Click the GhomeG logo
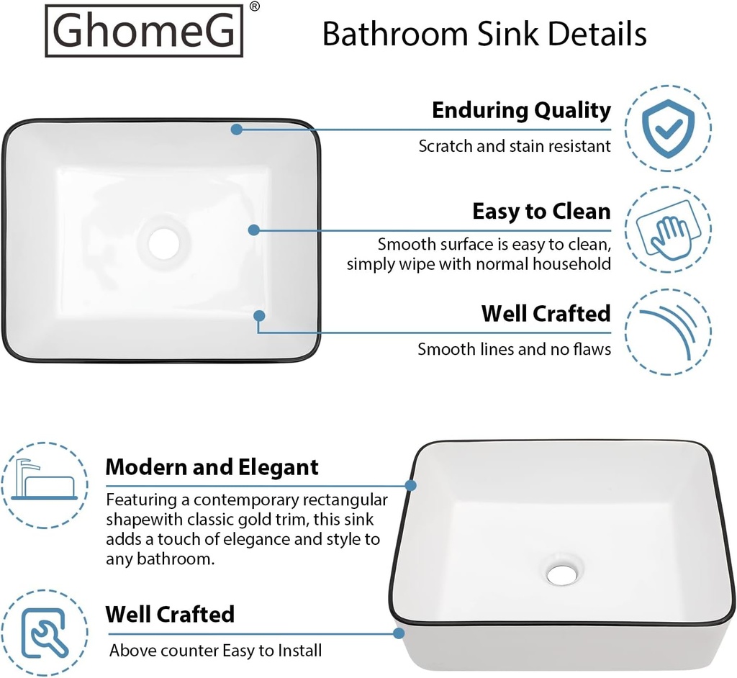tap(144, 31)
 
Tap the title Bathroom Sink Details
tap(484, 33)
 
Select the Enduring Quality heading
tap(521, 111)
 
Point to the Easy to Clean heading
tap(541, 212)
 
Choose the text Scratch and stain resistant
tap(515, 146)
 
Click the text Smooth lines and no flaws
tap(514, 350)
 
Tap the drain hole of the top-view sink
tap(164, 243)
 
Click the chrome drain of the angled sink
tap(560, 574)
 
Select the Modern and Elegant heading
tap(212, 467)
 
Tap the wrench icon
tap(44, 633)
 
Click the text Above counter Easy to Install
tap(215, 651)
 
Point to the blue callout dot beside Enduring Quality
tap(237, 129)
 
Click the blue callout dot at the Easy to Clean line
tap(253, 230)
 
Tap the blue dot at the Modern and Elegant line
tap(410, 485)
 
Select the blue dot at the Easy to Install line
tap(399, 633)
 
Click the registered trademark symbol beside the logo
tap(255, 6)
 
